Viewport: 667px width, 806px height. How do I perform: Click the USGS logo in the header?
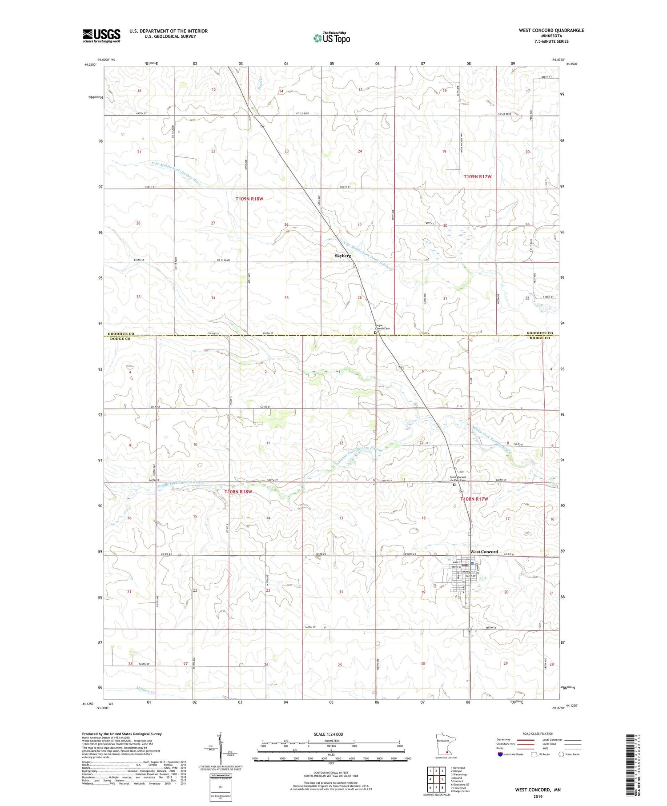(101, 36)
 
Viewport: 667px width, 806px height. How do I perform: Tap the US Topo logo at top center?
(332, 38)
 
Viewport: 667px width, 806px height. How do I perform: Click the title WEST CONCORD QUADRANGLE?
(551, 30)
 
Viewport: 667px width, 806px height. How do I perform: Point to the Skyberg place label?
(343, 256)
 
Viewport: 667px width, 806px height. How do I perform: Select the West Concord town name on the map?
(484, 552)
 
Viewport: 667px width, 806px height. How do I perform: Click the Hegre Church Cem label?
(382, 327)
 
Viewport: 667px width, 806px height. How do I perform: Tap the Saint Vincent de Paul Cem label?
(457, 479)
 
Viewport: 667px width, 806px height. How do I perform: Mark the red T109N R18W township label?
(249, 199)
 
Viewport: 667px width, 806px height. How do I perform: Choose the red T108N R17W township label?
(474, 499)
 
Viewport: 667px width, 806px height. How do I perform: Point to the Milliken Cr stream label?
(144, 690)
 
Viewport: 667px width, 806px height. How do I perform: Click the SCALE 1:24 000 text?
(331, 734)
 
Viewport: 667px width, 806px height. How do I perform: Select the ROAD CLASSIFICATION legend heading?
(538, 734)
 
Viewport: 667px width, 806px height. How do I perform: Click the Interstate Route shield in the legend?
(501, 754)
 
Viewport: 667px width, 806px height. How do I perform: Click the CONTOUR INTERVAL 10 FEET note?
(331, 773)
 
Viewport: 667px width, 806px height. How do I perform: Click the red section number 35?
(286, 298)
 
